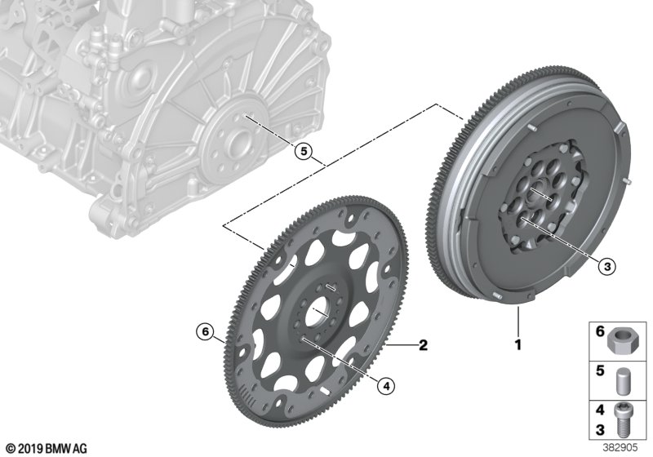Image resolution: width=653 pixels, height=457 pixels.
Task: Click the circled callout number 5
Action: pos(303,151)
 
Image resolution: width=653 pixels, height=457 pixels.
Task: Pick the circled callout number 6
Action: pos(205,331)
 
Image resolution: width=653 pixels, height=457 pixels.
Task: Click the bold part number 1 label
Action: pos(517,345)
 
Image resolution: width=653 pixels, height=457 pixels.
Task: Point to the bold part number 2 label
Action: pos(424,345)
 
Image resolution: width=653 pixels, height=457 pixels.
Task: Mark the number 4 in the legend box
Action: pos(597,412)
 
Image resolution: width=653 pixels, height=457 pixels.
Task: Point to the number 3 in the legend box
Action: pos(597,430)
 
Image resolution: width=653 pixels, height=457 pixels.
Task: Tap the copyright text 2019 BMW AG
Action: pos(46,448)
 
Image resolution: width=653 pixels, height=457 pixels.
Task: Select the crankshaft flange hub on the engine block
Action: pos(237,141)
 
